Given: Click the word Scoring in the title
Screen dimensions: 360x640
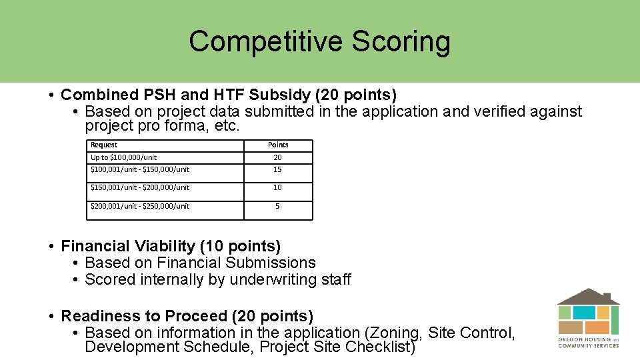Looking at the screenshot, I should click(x=401, y=41).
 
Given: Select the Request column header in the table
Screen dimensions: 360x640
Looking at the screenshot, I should click(x=104, y=145).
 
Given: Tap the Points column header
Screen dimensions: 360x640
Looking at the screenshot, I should click(x=278, y=145).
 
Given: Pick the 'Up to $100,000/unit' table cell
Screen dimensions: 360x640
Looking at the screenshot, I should click(x=124, y=157).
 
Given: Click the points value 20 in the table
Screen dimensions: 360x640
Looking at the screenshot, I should click(x=277, y=157).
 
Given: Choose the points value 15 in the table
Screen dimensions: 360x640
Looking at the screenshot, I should click(x=277, y=169).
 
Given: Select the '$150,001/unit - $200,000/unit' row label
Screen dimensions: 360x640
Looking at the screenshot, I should click(x=140, y=187).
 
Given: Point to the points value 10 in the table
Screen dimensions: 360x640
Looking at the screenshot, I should click(x=277, y=187).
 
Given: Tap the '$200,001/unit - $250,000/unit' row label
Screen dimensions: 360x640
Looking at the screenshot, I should click(x=140, y=206).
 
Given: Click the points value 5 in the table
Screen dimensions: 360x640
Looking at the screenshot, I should click(x=277, y=206).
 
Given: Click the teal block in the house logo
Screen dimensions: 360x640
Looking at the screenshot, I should click(x=584, y=312).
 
